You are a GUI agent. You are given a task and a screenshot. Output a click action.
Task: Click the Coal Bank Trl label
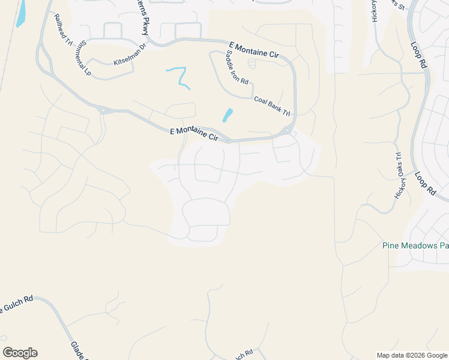272,106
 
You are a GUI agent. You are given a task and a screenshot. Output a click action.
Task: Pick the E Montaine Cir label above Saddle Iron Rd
255,50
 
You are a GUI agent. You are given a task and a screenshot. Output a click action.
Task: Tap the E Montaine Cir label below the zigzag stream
194,134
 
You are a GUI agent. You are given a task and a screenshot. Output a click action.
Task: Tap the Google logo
20,353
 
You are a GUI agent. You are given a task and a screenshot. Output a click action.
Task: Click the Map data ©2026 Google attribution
411,355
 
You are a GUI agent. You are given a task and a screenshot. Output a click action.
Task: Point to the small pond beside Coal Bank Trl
228,115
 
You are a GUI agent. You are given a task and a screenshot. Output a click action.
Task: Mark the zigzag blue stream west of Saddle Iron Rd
179,77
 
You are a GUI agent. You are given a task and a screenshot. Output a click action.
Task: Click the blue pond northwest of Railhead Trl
22,13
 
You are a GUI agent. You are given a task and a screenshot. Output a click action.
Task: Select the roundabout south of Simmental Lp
103,110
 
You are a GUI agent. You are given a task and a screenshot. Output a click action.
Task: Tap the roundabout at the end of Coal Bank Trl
288,131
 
